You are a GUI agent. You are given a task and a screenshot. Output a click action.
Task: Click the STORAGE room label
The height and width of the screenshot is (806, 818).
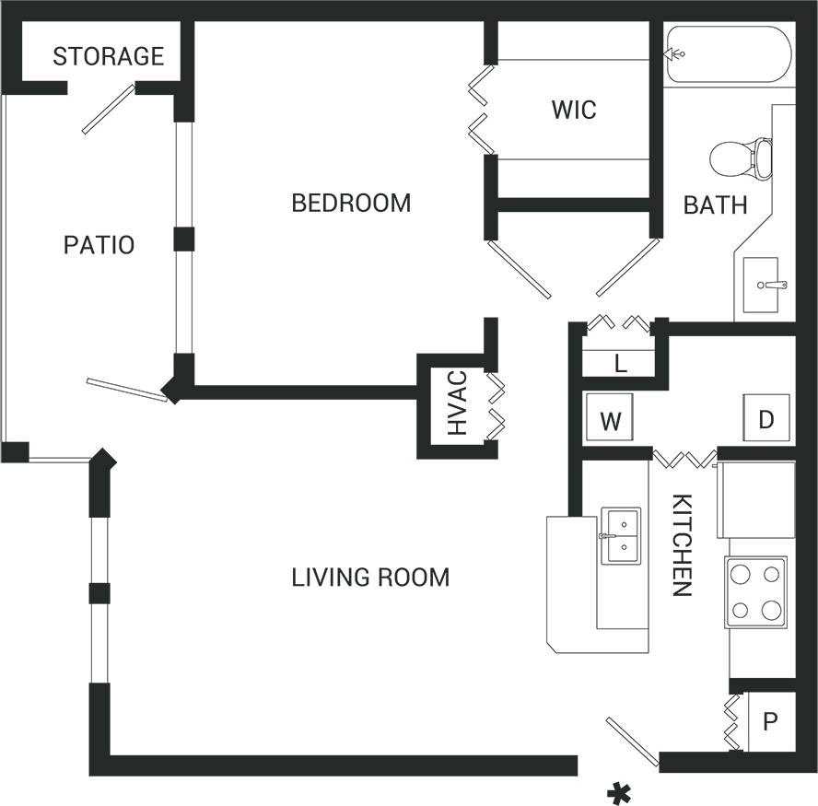(108, 56)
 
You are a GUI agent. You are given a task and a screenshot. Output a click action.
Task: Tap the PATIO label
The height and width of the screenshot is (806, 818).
(99, 245)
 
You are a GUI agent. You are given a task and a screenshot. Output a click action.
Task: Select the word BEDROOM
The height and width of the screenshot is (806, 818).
(351, 203)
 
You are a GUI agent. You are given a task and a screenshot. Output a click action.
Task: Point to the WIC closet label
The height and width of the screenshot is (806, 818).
(574, 111)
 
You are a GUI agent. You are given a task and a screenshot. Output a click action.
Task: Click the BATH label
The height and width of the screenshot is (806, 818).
(715, 204)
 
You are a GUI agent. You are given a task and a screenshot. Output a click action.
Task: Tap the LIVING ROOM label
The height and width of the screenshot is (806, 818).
(370, 578)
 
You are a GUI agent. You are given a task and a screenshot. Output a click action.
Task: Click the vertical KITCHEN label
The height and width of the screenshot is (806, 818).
(682, 545)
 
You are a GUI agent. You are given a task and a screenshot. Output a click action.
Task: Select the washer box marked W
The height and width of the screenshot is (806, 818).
(610, 421)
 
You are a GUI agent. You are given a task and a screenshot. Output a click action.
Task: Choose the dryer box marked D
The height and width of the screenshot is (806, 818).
(766, 419)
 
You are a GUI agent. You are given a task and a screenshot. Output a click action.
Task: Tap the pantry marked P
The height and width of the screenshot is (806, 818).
(770, 719)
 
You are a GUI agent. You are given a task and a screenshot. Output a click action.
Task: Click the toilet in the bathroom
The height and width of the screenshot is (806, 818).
(741, 158)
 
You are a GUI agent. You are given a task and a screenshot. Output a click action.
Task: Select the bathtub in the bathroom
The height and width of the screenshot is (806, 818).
(728, 54)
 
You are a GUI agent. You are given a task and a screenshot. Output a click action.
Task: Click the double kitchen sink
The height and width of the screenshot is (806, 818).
(621, 535)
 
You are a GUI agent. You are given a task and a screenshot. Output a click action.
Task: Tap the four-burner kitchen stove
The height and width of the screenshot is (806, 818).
(755, 591)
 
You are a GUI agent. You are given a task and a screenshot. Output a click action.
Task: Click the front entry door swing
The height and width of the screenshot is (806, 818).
(632, 742)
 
